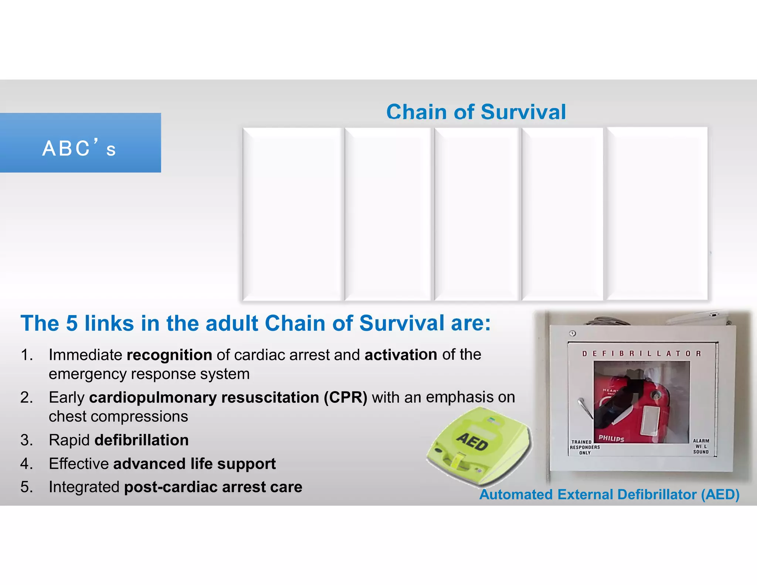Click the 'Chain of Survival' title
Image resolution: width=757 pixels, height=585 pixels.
pos(476,112)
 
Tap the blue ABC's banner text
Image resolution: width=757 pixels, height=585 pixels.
pos(79,149)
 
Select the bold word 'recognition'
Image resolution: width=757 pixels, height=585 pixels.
pos(169,355)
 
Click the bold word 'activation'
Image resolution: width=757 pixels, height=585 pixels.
pos(401,355)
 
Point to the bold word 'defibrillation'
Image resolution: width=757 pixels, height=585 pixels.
pos(142,440)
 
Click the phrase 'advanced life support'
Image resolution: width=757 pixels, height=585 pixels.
pos(194,464)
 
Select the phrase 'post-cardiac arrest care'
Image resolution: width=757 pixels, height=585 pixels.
pos(213,487)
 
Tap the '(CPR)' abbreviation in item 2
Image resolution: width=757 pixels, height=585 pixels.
pos(345,398)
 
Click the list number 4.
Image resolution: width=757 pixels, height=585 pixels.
pos(27,464)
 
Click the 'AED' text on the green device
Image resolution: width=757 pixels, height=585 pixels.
pos(472,442)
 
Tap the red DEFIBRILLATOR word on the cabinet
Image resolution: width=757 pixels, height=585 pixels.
pos(641,354)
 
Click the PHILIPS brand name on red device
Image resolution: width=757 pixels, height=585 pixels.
pos(611,438)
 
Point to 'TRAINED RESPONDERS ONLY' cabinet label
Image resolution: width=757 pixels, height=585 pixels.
pos(584,447)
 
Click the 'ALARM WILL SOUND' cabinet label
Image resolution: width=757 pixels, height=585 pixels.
pos(701,446)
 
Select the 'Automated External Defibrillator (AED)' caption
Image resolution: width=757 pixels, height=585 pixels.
pos(609,494)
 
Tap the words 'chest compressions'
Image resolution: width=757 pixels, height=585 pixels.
pos(118,417)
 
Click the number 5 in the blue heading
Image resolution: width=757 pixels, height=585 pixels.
pos(72,323)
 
